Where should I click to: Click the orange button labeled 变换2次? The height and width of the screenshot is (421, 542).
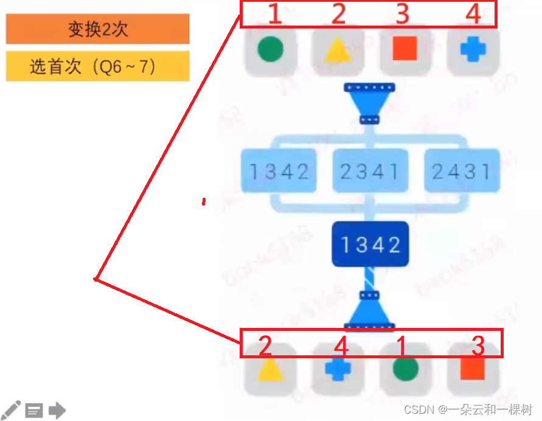click(x=97, y=29)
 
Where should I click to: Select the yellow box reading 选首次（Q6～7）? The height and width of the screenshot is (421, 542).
click(x=97, y=66)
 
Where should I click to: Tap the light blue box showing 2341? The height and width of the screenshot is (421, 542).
click(x=370, y=171)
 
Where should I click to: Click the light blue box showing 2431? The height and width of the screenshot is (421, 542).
click(x=461, y=171)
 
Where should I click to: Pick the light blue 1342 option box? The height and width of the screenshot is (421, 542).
click(x=279, y=171)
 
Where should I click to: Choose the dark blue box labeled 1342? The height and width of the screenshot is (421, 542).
click(x=370, y=245)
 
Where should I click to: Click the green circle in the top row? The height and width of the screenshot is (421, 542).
click(x=270, y=50)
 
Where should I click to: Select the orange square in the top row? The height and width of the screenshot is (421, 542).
click(x=405, y=50)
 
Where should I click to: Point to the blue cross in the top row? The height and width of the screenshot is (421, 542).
click(x=473, y=50)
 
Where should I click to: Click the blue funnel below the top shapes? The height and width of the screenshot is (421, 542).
click(x=369, y=102)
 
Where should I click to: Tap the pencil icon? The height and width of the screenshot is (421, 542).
click(x=12, y=410)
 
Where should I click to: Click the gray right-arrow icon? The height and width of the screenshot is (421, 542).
click(x=57, y=411)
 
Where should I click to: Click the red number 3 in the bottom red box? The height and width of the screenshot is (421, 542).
click(x=479, y=346)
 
